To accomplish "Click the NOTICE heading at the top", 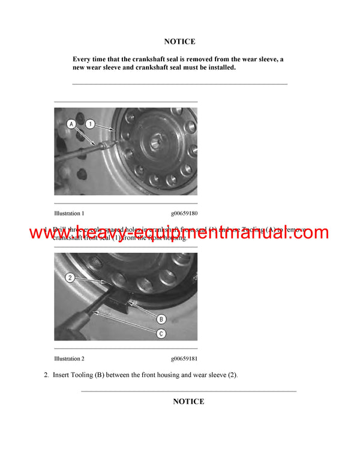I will (x=179, y=42).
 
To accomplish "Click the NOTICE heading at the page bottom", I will (x=188, y=402).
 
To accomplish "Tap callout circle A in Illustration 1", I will (x=71, y=124).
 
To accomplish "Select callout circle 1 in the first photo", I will (x=89, y=124).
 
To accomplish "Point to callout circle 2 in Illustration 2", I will (x=70, y=278).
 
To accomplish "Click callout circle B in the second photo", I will (x=161, y=319).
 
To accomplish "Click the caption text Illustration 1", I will (x=69, y=213).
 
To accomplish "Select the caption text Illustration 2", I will (x=69, y=359).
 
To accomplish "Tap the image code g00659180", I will (x=184, y=213).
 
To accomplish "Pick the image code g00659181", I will (x=184, y=359).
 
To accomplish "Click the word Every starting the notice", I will (x=82, y=59).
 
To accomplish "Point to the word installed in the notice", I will (x=218, y=68).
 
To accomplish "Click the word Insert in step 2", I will (x=63, y=375).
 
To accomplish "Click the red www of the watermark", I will (x=48, y=233).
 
